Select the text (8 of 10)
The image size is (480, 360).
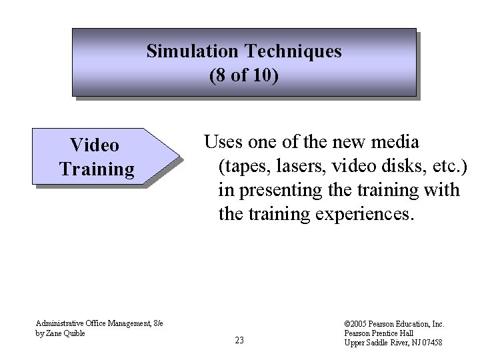(244, 75)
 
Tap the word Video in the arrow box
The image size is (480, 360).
(95, 145)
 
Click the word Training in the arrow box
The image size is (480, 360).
(97, 169)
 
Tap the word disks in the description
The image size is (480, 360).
(404, 166)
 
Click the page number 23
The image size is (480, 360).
(239, 341)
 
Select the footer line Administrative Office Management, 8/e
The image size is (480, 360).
(101, 323)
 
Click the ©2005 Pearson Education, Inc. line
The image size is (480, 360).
(395, 324)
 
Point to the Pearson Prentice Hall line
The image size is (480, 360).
(379, 333)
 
